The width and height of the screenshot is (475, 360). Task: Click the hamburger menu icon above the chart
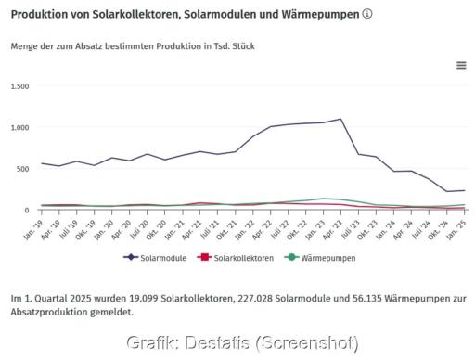click(461, 65)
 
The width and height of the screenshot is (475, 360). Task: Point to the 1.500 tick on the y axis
click(19, 85)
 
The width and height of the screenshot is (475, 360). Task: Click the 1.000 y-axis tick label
click(19, 127)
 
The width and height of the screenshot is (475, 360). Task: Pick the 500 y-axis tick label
click(23, 169)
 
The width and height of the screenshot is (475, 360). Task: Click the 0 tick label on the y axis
click(28, 211)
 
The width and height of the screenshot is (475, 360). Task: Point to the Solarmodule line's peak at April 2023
click(341, 119)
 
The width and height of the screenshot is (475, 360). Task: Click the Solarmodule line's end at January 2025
click(464, 190)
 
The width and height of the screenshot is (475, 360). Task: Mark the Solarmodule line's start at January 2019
click(42, 163)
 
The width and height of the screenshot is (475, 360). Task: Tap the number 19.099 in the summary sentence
click(149, 299)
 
